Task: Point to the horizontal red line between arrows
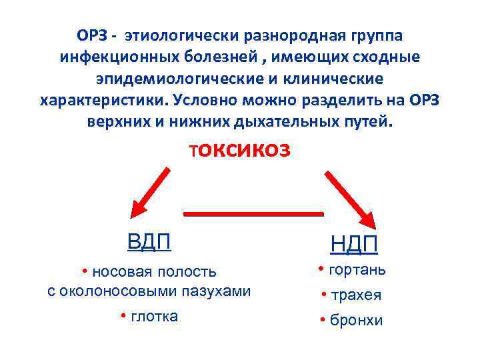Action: click(253, 213)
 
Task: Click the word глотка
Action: click(154, 316)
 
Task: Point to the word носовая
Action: click(119, 271)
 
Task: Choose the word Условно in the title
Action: click(201, 101)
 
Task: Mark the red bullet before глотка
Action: click(123, 316)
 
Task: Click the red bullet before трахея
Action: click(322, 295)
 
